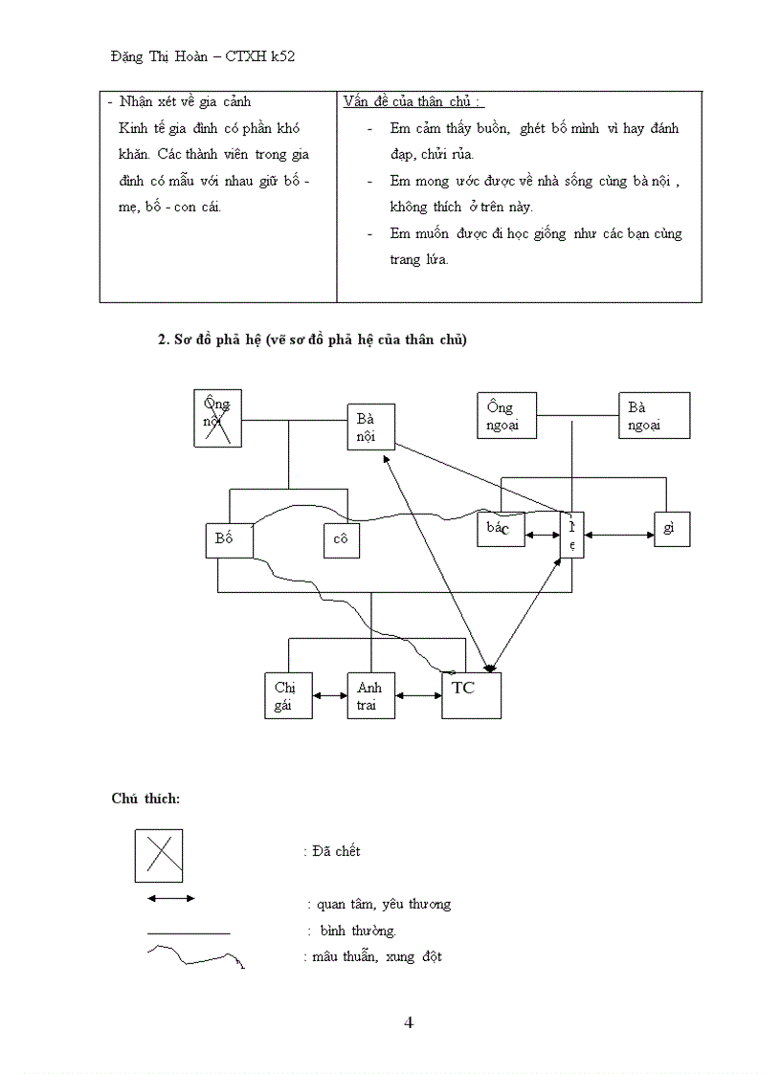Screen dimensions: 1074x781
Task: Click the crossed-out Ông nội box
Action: click(217, 418)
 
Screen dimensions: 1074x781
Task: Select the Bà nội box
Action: click(370, 427)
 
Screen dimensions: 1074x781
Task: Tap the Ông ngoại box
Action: click(506, 416)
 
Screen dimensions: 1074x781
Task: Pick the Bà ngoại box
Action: click(654, 416)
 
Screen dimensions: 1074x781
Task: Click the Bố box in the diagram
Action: click(229, 539)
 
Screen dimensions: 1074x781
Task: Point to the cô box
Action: click(342, 539)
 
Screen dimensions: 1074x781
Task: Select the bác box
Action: click(501, 529)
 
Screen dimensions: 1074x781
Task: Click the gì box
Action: click(672, 529)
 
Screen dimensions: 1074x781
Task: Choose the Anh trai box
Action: click(370, 695)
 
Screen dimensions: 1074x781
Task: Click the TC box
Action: click(471, 695)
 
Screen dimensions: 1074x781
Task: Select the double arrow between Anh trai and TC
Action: click(418, 696)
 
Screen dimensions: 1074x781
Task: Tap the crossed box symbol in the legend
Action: click(158, 855)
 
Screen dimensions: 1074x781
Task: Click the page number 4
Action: click(409, 1022)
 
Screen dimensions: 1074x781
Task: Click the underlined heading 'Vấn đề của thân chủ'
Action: click(412, 102)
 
